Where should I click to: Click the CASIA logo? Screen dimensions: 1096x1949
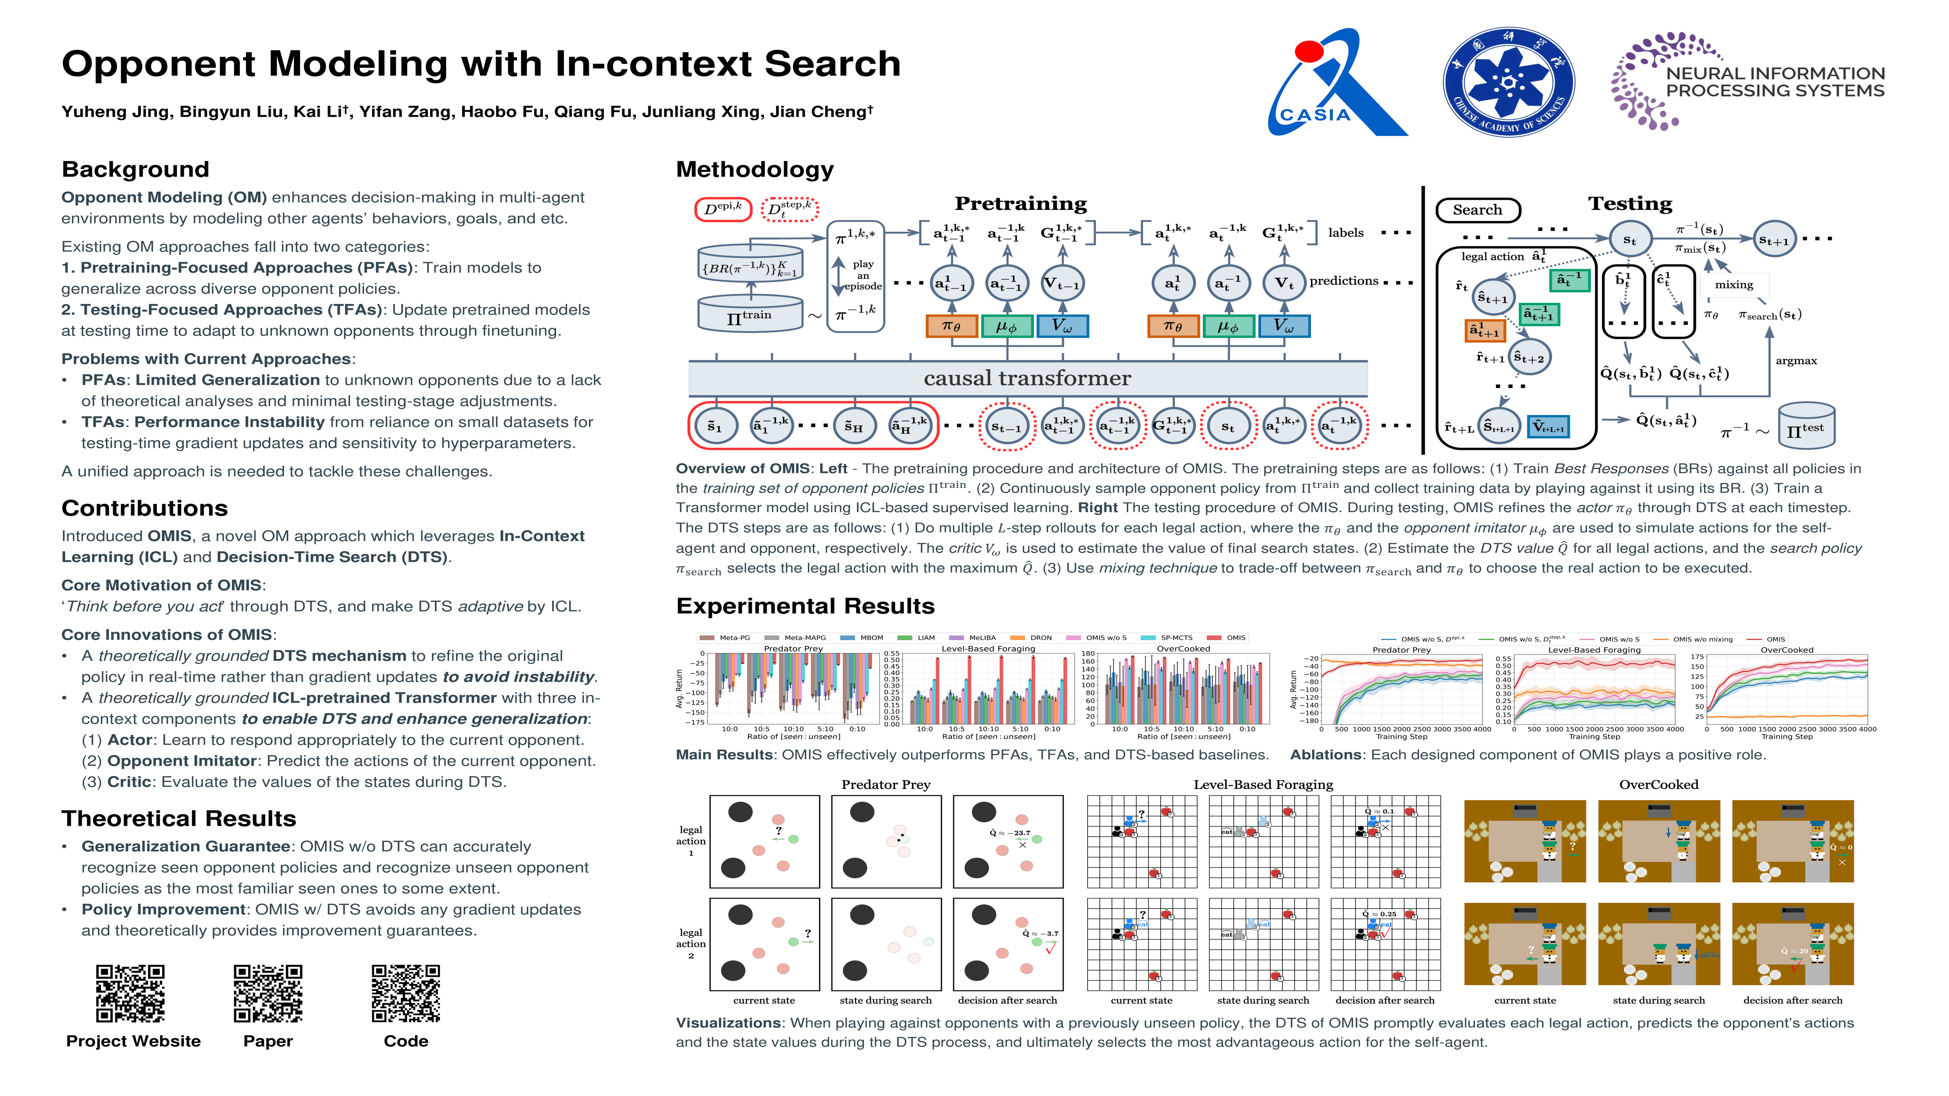click(x=1335, y=83)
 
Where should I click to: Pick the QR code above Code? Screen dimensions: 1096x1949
click(x=406, y=993)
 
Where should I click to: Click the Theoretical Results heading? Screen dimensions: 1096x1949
click(x=179, y=819)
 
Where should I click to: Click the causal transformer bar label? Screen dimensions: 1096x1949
click(x=1027, y=378)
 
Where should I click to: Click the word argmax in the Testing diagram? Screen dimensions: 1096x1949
click(x=1796, y=361)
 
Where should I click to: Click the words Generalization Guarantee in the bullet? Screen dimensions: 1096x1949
click(x=186, y=846)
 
